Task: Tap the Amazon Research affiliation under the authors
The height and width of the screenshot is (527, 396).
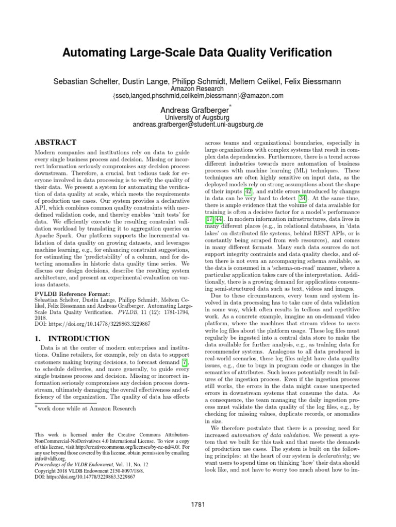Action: click(x=198, y=89)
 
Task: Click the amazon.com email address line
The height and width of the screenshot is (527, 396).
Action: click(x=198, y=96)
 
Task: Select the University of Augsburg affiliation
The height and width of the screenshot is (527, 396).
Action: click(x=198, y=118)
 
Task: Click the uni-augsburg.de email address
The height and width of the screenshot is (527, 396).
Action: click(x=198, y=125)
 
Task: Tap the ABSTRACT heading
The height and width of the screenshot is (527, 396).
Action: click(x=55, y=142)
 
